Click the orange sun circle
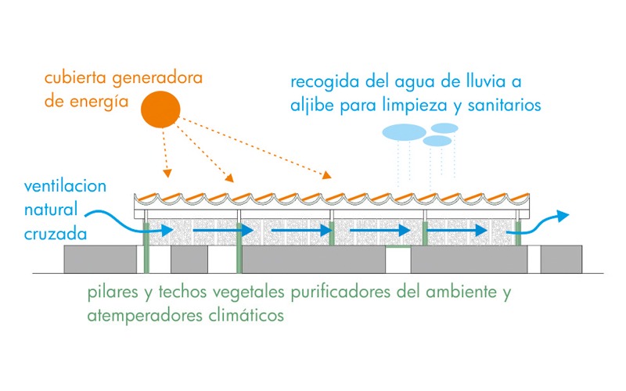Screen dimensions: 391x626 161,109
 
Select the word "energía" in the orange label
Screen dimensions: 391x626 99,102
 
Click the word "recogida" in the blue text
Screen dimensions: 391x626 318,81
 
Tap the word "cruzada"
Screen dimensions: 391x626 55,232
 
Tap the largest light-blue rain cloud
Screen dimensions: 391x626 403,131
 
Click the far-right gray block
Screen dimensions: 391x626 561,258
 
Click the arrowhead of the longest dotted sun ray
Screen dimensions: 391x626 329,178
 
